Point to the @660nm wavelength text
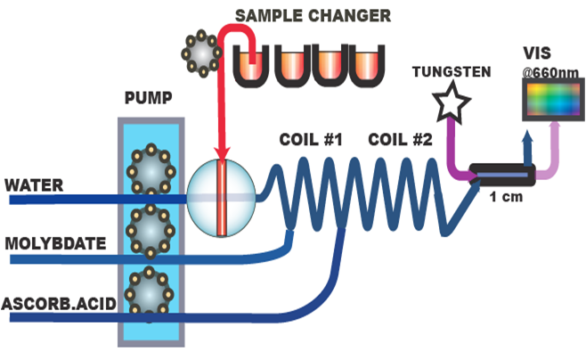pyautogui.click(x=549, y=68)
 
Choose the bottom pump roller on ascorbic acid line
pyautogui.click(x=147, y=295)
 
